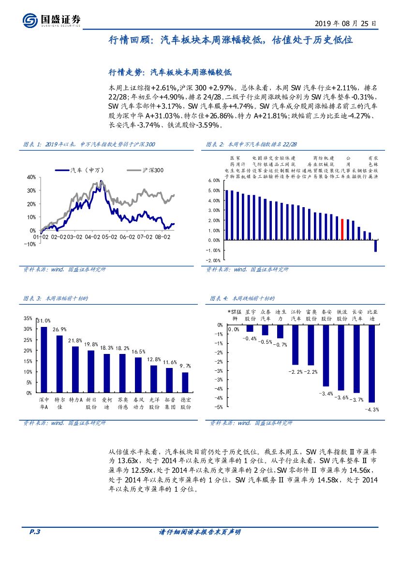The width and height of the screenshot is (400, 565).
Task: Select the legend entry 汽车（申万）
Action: coord(81,170)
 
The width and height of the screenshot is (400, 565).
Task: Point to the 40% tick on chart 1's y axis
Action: coord(31,177)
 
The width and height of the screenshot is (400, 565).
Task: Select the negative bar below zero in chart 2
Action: coord(375,245)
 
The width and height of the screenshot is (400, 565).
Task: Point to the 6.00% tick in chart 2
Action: coord(213,180)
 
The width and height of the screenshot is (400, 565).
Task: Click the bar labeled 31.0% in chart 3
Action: coord(44,360)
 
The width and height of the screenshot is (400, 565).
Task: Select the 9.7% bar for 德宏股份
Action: coord(185,382)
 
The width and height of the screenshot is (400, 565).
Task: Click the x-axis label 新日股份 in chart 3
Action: coord(91,403)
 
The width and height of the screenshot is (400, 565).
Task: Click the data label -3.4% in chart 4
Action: coord(326,394)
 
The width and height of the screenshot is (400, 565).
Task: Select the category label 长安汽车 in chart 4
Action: coord(357,315)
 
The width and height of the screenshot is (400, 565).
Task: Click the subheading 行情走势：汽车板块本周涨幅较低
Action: coord(171,72)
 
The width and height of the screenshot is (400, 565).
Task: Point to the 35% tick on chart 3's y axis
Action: coord(29,319)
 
